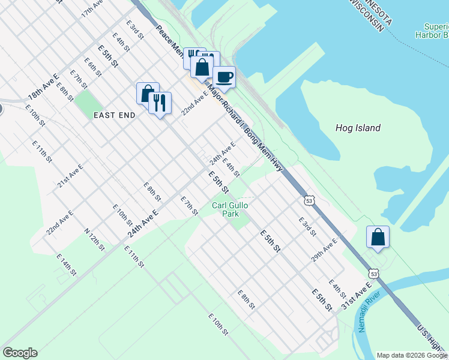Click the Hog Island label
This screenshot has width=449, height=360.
pyautogui.click(x=357, y=128)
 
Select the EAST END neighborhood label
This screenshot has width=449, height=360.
pyautogui.click(x=114, y=115)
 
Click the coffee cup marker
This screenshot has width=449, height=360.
pyautogui.click(x=224, y=77)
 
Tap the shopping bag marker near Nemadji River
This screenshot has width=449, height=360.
pyautogui.click(x=378, y=236)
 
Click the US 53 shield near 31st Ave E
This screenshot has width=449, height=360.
pyautogui.click(x=374, y=274)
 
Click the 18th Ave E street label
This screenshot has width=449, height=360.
pyautogui.click(x=42, y=88)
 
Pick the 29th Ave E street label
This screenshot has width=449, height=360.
pyautogui.click(x=324, y=248)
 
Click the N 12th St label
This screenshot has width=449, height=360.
pyautogui.click(x=94, y=238)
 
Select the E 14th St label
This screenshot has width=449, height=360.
pyautogui.click(x=66, y=265)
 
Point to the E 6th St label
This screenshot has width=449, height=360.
pyautogui.click(x=93, y=67)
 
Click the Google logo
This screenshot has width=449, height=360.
pyautogui.click(x=20, y=353)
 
